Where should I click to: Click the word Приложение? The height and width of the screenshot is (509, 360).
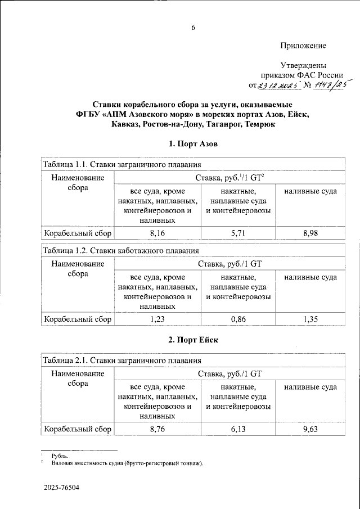click(x=303, y=45)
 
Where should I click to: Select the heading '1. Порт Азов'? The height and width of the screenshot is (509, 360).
click(x=192, y=145)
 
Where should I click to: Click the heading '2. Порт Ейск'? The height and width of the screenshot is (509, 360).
click(x=192, y=340)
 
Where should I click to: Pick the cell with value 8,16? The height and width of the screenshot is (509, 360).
click(x=157, y=232)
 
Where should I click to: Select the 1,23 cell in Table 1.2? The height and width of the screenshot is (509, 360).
click(x=157, y=319)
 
